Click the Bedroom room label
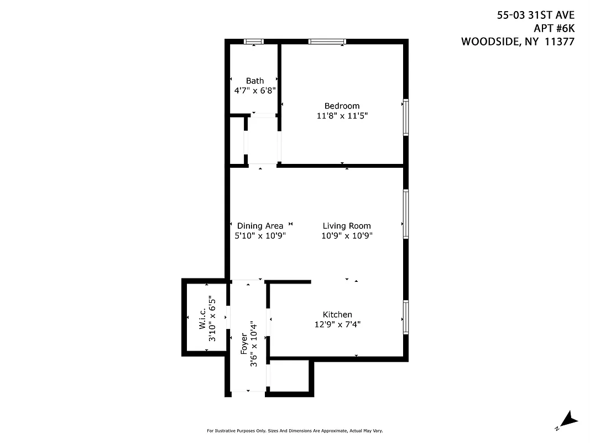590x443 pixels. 342,106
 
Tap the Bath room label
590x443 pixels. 255,81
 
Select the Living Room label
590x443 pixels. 347,226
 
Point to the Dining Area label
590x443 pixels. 260,226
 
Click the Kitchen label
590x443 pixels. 337,315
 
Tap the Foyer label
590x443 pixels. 244,344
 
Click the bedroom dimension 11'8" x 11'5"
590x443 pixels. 342,116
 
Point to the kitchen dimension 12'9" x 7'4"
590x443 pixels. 337,324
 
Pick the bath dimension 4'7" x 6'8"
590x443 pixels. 255,90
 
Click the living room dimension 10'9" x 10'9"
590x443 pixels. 347,236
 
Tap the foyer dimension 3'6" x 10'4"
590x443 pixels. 254,344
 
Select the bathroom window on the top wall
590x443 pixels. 254,42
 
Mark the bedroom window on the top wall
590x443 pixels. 327,42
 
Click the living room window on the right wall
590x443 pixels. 406,214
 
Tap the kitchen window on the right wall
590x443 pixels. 406,317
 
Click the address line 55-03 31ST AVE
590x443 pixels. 535,16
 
